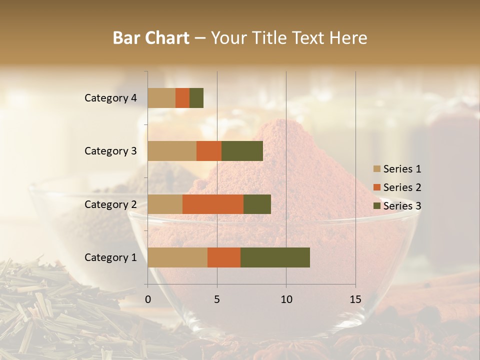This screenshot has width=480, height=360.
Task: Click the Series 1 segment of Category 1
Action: click(177, 257)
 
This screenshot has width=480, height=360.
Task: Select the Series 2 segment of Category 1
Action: click(224, 257)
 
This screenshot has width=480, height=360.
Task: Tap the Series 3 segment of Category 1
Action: click(275, 257)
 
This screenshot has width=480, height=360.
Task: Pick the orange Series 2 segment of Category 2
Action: click(213, 204)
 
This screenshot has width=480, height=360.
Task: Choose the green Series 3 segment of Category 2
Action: click(257, 204)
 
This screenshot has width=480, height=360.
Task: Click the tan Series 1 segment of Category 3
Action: click(172, 151)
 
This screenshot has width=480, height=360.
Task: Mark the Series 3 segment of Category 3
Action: click(242, 151)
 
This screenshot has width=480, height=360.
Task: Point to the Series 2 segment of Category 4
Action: click(182, 98)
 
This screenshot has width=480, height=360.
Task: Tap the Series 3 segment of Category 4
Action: click(196, 98)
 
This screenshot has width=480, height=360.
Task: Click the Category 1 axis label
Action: click(110, 257)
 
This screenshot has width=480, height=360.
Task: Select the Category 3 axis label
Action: click(110, 151)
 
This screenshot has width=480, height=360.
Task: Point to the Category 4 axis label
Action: click(110, 98)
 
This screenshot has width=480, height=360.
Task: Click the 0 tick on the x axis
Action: click(148, 299)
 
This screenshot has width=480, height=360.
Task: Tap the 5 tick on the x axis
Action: click(217, 299)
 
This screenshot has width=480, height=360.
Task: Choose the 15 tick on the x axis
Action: click(355, 299)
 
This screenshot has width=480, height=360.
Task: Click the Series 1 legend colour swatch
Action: click(376, 169)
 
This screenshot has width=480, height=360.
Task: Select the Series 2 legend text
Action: click(402, 187)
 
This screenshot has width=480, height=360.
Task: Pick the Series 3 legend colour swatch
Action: click(376, 206)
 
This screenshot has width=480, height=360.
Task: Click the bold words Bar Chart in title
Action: click(151, 37)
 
